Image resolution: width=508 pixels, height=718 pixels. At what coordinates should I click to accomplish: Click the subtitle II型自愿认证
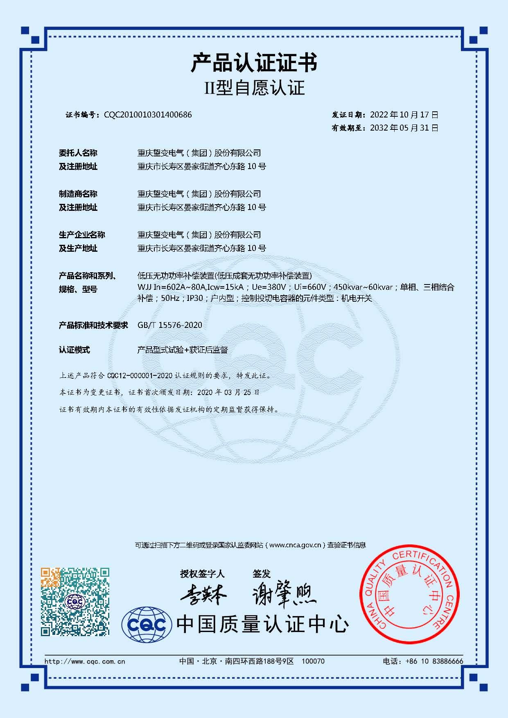pos(254,88)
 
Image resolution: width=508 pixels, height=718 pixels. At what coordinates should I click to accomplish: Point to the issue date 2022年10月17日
pos(404,115)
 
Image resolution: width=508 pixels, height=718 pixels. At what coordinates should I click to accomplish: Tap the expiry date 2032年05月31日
pos(404,128)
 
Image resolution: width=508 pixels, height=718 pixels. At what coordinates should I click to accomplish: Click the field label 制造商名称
pos(78,194)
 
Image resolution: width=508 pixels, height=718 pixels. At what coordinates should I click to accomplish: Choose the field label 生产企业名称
pos(82,235)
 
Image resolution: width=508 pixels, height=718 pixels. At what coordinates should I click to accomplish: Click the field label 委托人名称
pos(78,153)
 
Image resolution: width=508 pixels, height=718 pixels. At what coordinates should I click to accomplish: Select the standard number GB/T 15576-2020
pos(170,325)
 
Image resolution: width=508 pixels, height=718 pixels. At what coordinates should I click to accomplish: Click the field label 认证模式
pos(74,350)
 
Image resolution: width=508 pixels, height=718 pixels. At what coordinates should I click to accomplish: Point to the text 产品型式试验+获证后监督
pos(182,350)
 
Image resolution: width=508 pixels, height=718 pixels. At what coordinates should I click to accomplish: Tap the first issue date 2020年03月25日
pos(228,392)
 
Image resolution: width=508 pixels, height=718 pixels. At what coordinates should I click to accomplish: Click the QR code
pos(75,601)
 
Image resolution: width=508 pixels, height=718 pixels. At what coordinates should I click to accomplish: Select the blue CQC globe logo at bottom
pos(146,625)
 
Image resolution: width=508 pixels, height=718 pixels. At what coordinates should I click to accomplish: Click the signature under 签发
pos(284,596)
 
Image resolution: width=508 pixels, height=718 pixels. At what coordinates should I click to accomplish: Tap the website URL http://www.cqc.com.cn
pos(84,661)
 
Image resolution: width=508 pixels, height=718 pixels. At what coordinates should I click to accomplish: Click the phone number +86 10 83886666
pos(434,661)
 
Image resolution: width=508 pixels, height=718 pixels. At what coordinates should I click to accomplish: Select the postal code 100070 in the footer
pos(313,661)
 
